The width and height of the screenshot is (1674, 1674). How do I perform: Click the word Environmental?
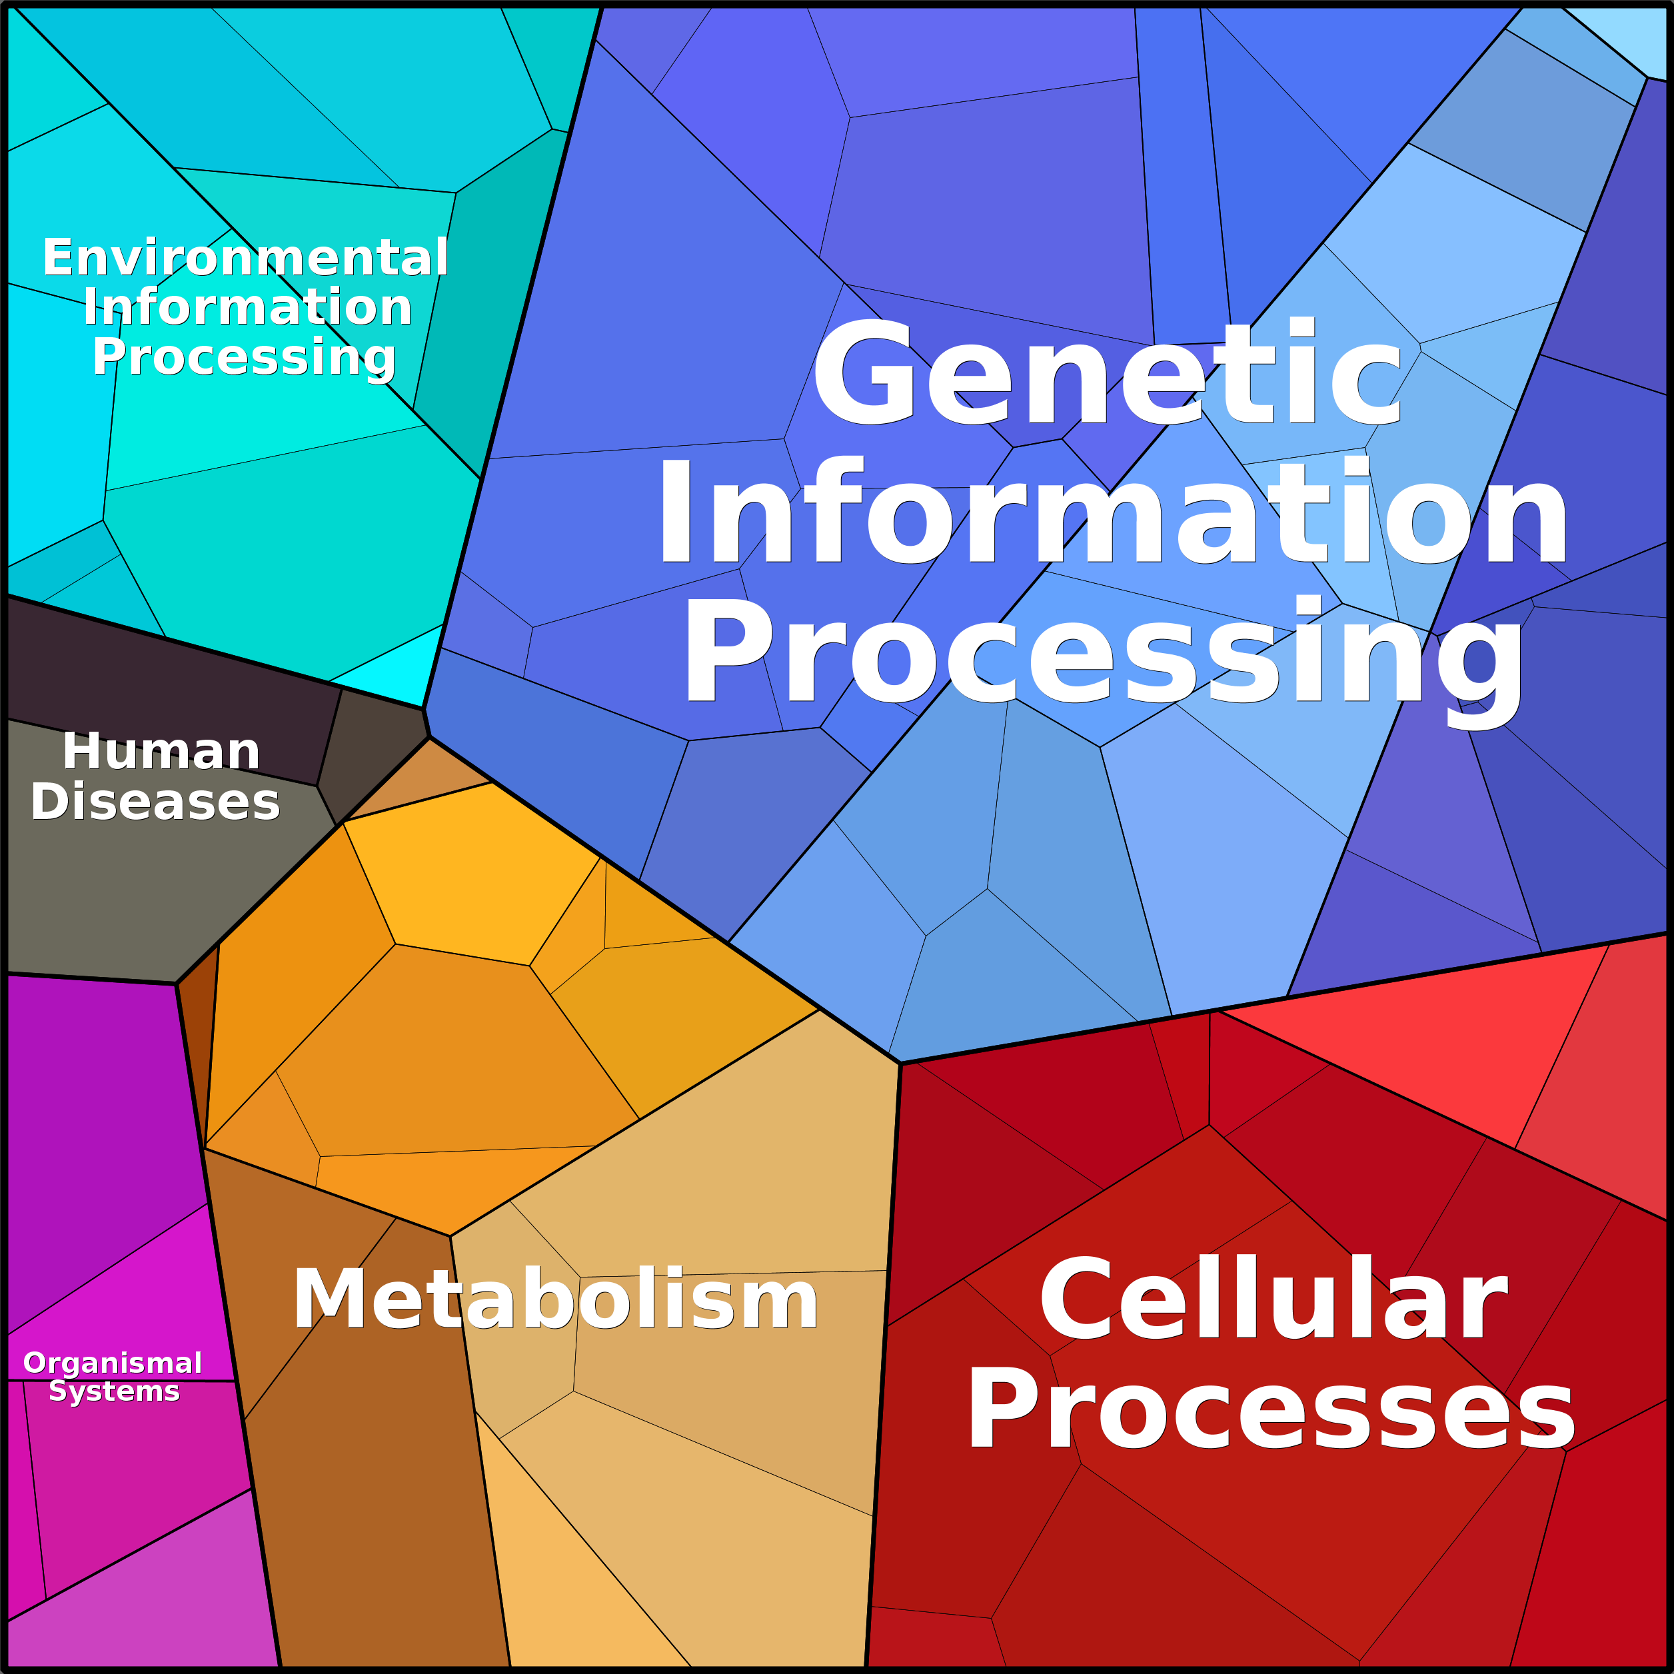point(245,257)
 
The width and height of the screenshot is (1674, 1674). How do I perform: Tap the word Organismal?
point(113,1363)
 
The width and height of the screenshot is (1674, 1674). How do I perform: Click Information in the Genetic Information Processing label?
point(1112,513)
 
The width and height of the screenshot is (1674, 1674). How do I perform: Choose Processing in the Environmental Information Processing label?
point(245,357)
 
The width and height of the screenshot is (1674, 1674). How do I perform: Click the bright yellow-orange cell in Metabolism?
point(468,875)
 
